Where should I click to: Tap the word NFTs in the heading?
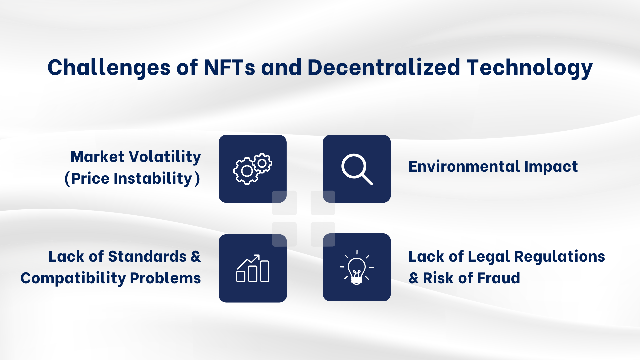pyautogui.click(x=229, y=68)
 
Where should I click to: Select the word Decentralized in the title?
pyautogui.click(x=383, y=68)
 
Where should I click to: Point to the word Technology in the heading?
pyautogui.click(x=529, y=68)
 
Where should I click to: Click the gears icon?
pyautogui.click(x=252, y=169)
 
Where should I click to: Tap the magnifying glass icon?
pyautogui.click(x=357, y=169)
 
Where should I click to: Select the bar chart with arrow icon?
pyautogui.click(x=253, y=268)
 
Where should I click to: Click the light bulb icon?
pyautogui.click(x=357, y=267)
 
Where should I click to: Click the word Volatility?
pyautogui.click(x=165, y=157)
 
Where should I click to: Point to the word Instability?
pyautogui.click(x=153, y=178)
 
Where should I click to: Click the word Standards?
pyautogui.click(x=147, y=257)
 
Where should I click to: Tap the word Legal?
pyautogui.click(x=489, y=257)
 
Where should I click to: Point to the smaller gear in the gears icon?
pyautogui.click(x=262, y=163)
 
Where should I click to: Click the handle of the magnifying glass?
pyautogui.click(x=367, y=179)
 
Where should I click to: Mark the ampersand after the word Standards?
pyautogui.click(x=196, y=257)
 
